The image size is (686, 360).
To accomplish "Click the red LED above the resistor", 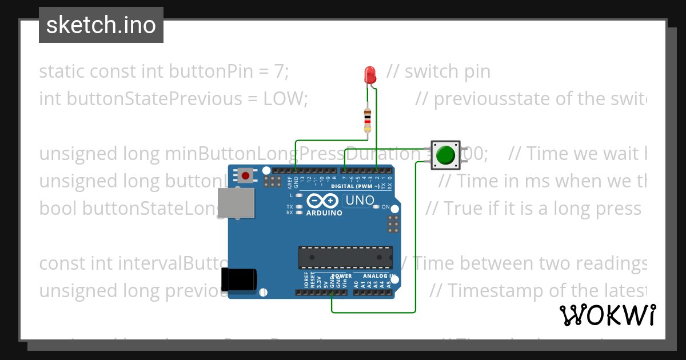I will tap(370, 74).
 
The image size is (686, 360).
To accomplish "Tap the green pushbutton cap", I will tap(445, 155).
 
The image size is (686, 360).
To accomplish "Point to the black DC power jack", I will tap(239, 279).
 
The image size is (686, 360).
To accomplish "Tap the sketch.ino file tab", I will tap(101, 25).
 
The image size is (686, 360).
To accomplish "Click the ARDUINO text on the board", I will tap(324, 213).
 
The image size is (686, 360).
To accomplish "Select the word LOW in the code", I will tap(285, 99).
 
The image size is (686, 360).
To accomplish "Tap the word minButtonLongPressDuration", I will tap(297, 154).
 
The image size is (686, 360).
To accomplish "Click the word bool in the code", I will tap(58, 209).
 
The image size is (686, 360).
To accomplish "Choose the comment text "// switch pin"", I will tap(438, 71).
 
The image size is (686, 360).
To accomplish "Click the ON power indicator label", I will tap(385, 207).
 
